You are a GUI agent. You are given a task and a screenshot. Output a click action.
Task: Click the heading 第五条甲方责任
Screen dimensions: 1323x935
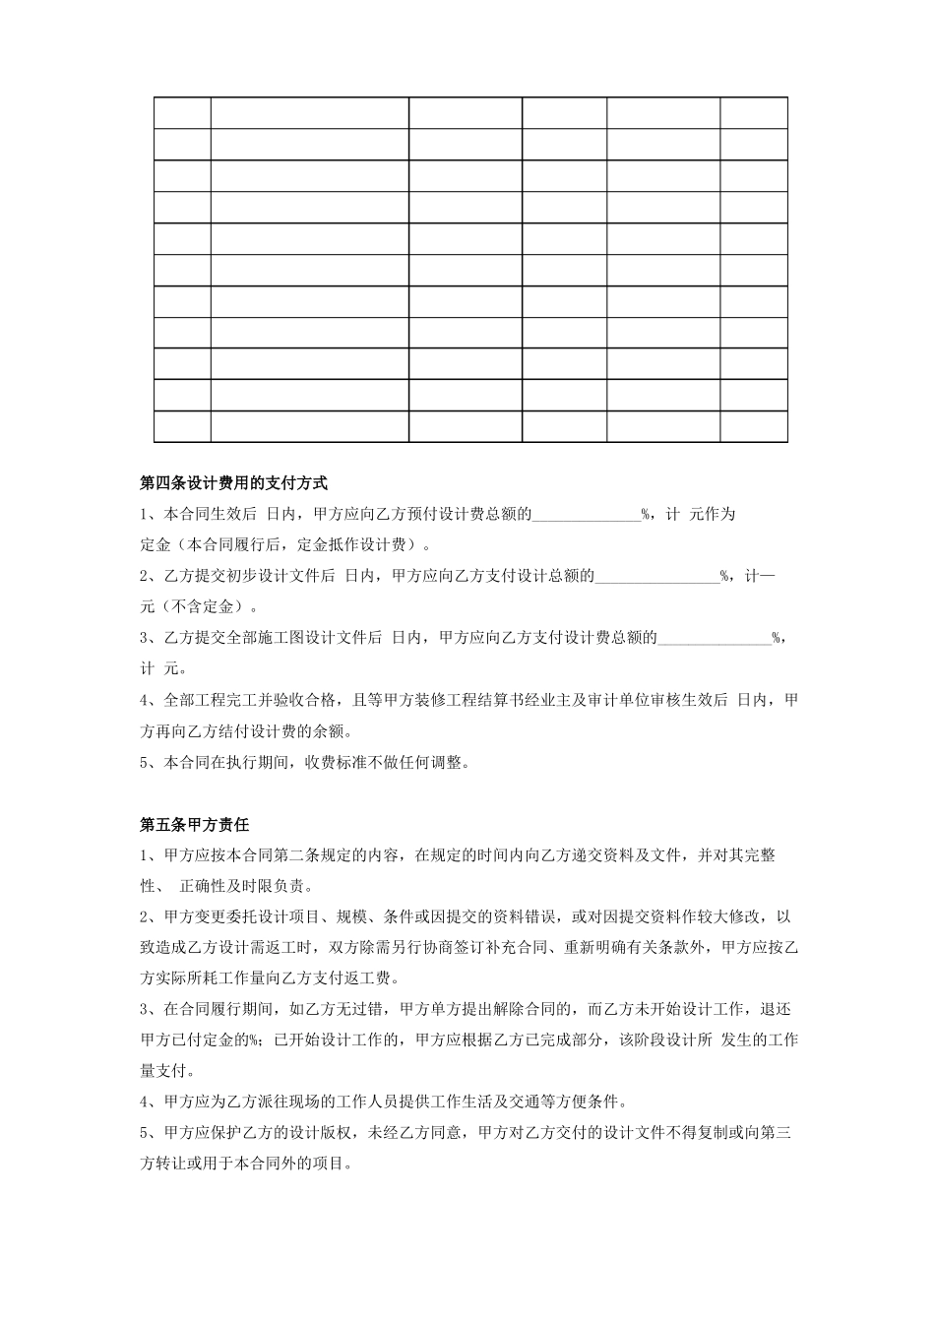[x=195, y=824]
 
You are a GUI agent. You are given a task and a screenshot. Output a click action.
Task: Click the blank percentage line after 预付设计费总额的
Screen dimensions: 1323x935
[x=587, y=514]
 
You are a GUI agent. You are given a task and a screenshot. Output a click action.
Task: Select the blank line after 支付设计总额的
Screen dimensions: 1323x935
[x=656, y=577]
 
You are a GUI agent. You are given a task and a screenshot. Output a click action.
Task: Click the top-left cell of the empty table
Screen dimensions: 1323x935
[x=182, y=113]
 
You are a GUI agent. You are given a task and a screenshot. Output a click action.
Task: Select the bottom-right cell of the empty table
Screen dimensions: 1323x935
[x=753, y=427]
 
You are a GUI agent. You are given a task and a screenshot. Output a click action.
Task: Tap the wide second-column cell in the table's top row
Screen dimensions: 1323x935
[x=309, y=113]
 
